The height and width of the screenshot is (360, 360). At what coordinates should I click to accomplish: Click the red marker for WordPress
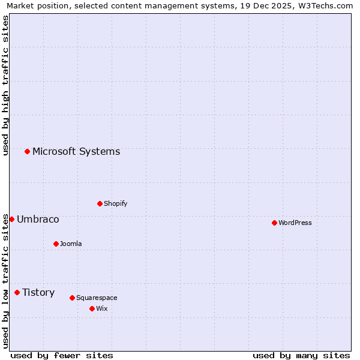[x=274, y=223]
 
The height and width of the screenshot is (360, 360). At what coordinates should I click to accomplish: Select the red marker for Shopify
[x=100, y=203]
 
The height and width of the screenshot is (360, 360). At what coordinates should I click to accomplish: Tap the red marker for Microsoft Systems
[x=27, y=151]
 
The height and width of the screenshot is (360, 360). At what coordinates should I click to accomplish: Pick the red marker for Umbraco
[x=11, y=219]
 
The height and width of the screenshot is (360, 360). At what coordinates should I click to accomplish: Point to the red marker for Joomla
[x=56, y=244]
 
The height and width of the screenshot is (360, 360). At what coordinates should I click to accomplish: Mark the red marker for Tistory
[x=17, y=292]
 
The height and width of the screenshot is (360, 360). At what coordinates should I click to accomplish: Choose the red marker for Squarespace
[x=72, y=298]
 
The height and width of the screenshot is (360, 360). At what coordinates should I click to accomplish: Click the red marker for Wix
[x=92, y=308]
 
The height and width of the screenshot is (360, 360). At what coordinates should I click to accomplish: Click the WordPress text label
[x=295, y=223]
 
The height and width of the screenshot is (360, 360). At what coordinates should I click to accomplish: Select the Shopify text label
[x=116, y=203]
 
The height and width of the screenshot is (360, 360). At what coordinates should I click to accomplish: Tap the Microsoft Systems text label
[x=76, y=151]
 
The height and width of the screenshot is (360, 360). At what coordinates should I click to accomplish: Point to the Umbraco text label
[x=38, y=219]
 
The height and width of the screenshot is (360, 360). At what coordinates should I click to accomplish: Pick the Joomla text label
[x=71, y=244]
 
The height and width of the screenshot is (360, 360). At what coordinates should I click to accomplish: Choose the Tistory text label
[x=38, y=292]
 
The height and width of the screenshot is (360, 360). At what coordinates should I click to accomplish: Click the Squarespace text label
[x=97, y=298]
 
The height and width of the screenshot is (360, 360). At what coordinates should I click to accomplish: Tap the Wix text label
[x=102, y=308]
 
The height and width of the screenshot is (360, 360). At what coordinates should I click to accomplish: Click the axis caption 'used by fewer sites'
[x=62, y=355]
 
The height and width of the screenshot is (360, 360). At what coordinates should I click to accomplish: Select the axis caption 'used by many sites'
[x=301, y=355]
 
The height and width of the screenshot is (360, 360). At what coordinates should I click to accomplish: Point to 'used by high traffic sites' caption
[x=5, y=85]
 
